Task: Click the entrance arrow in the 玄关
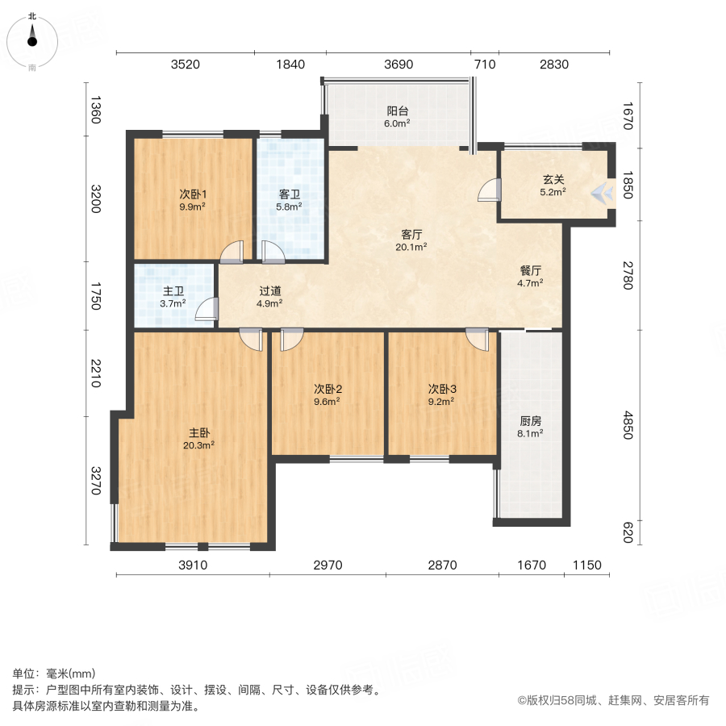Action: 600,192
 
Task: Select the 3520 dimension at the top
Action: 186,65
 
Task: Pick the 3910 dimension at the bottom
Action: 193,565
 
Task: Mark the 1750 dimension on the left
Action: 95,296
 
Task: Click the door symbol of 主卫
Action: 208,310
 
